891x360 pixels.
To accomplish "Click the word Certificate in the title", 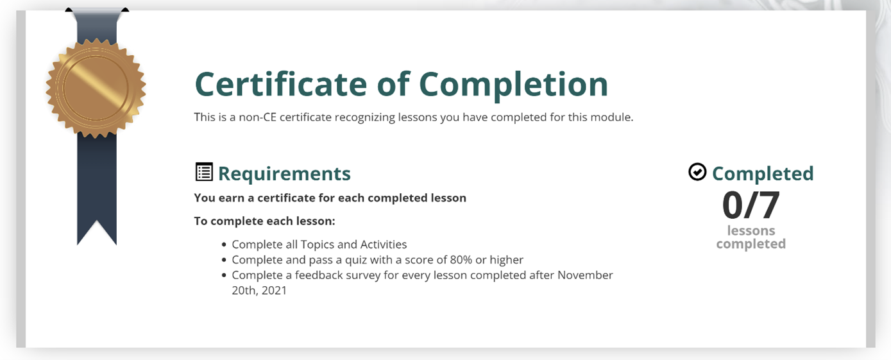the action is click(281, 84).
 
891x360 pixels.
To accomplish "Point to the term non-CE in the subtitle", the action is click(257, 117).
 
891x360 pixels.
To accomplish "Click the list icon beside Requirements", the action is click(204, 172).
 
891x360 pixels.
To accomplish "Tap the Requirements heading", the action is click(284, 174).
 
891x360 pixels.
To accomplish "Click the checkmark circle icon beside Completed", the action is click(697, 172).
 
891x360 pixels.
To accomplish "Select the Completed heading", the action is click(763, 174).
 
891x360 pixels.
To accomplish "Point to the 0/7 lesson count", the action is click(751, 205).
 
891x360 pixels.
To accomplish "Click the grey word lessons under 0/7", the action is click(751, 230).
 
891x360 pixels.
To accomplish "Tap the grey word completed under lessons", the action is click(751, 243).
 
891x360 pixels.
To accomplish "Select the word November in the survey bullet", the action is click(585, 275).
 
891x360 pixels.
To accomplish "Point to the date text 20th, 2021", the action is click(259, 291).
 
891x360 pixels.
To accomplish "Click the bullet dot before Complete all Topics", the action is click(224, 244).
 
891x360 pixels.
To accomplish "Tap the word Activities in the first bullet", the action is click(384, 244).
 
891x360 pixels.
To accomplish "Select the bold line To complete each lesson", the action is click(264, 221).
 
